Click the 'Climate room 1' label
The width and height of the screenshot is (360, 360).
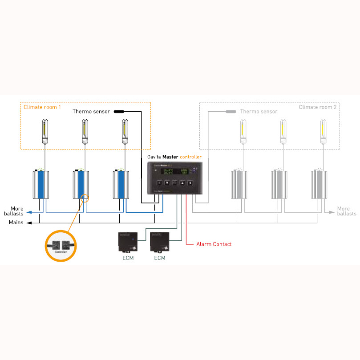pyautogui.click(x=42, y=107)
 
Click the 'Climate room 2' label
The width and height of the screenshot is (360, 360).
pyautogui.click(x=318, y=107)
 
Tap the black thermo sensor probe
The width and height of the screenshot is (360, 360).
pyautogui.click(x=119, y=111)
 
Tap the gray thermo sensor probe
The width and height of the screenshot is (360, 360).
pyautogui.click(x=230, y=111)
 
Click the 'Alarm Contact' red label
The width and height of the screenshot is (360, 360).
pyautogui.click(x=214, y=244)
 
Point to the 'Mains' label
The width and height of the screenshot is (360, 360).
pyautogui.click(x=16, y=222)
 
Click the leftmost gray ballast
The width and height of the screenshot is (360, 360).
pyautogui.click(x=239, y=184)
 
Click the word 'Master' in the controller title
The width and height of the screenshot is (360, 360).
pyautogui.click(x=170, y=157)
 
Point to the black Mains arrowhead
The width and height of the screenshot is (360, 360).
pyautogui.click(x=28, y=222)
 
